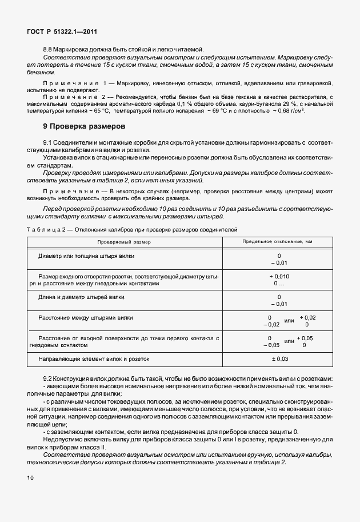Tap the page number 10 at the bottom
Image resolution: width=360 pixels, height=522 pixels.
click(30, 477)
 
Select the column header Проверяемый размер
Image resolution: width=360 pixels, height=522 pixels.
click(124, 242)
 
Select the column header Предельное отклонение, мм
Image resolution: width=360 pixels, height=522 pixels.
click(278, 242)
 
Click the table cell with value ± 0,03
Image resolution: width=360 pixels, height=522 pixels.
click(279, 358)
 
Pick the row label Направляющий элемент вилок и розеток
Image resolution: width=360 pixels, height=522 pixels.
click(93, 358)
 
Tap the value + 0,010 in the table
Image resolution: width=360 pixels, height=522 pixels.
click(279, 276)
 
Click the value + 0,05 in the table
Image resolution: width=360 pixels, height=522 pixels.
click(306, 338)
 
